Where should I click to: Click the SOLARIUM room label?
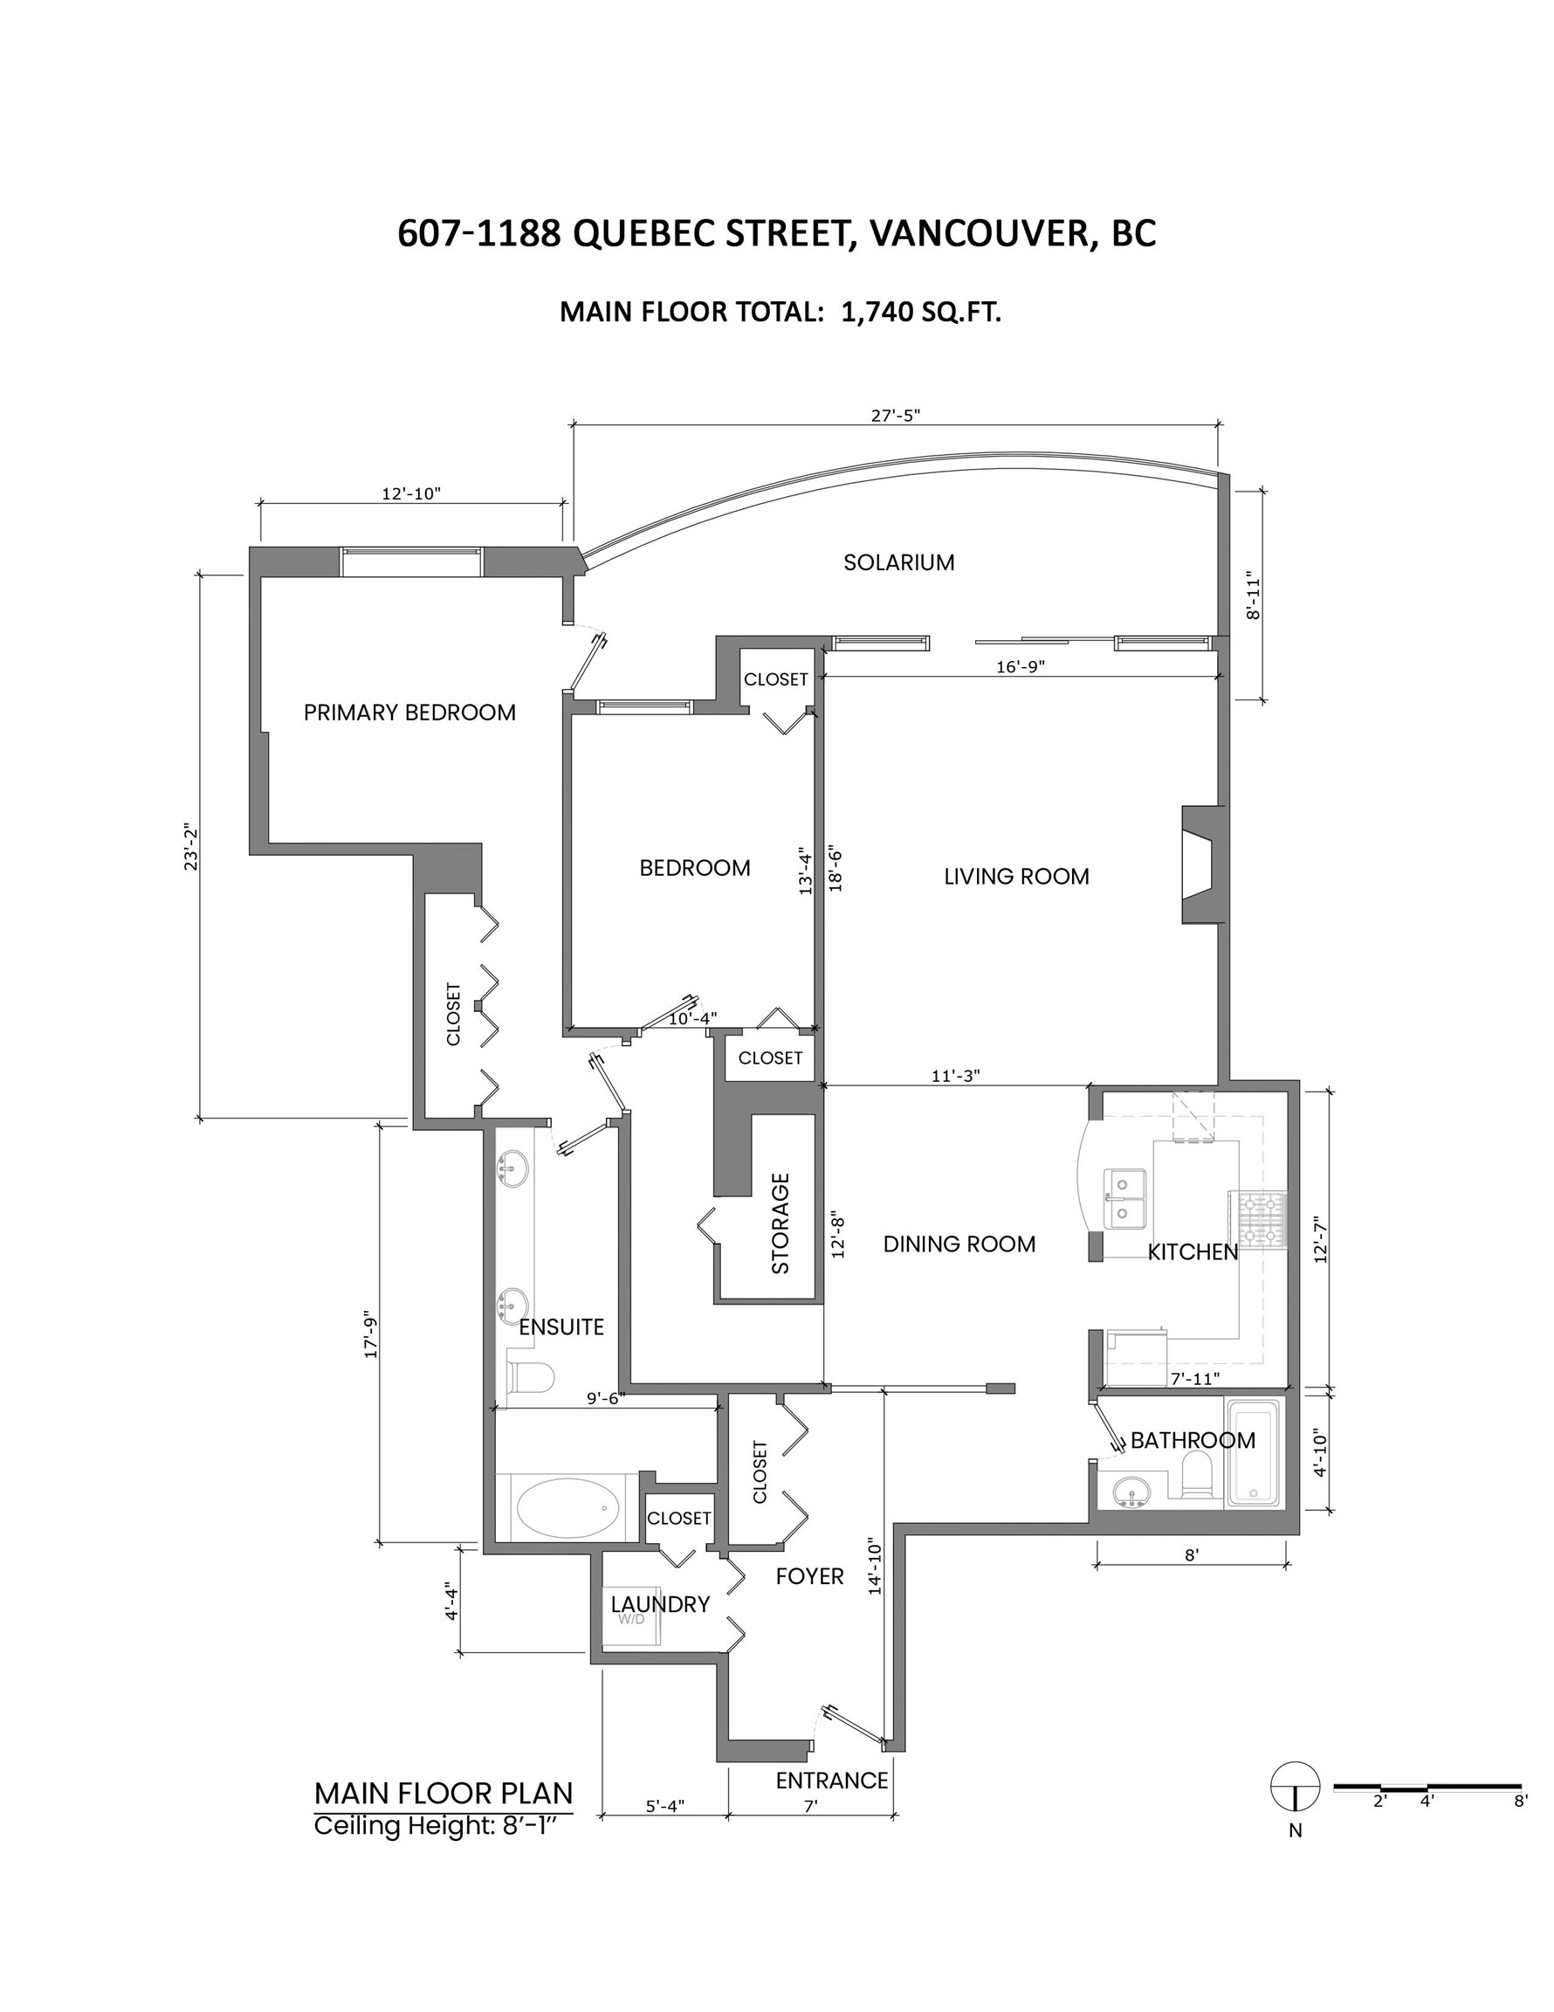(x=898, y=562)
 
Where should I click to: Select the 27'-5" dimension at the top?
(x=896, y=416)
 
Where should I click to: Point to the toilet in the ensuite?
(x=533, y=1378)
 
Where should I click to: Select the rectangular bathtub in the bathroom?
(x=1253, y=1453)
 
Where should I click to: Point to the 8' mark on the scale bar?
(x=1520, y=1801)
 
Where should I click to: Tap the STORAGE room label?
(x=780, y=1223)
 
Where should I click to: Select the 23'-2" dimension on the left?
(x=191, y=846)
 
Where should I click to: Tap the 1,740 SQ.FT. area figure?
(x=920, y=313)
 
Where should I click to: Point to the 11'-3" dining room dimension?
(x=955, y=1075)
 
